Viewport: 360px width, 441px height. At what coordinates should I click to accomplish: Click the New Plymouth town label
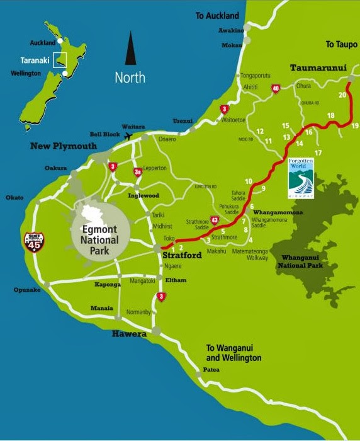pyautogui.click(x=64, y=146)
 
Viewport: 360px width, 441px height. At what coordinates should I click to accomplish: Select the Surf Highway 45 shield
pyautogui.click(x=34, y=241)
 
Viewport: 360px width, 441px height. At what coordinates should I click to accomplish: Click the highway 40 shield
pyautogui.click(x=275, y=90)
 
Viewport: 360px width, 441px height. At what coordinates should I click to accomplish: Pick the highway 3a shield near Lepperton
pyautogui.click(x=138, y=172)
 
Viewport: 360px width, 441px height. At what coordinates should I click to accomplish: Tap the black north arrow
pyautogui.click(x=131, y=49)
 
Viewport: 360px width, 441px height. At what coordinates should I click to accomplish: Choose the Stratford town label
pyautogui.click(x=183, y=256)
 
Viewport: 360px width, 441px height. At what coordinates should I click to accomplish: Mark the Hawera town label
pyautogui.click(x=129, y=334)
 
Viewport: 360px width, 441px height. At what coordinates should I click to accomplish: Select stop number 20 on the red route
pyautogui.click(x=342, y=95)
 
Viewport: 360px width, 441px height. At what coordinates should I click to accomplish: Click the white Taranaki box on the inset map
pyautogui.click(x=60, y=59)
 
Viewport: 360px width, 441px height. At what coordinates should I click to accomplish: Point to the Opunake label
pyautogui.click(x=27, y=290)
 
